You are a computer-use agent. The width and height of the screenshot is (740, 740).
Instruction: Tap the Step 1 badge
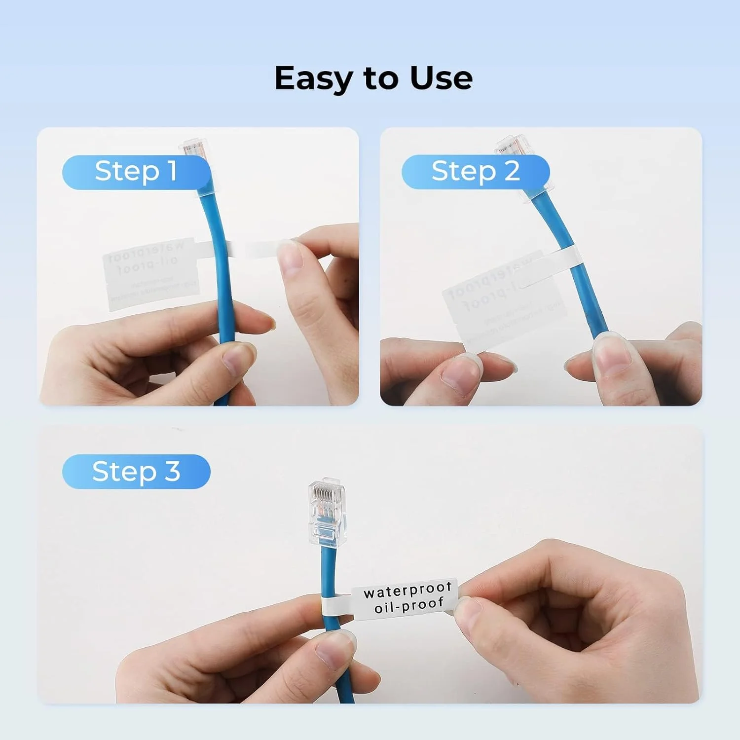(136, 172)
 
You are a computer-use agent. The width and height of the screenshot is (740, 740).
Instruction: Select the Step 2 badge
(476, 172)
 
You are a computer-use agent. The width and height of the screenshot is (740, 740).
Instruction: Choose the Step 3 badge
(136, 472)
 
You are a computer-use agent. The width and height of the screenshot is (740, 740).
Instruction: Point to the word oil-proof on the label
(409, 605)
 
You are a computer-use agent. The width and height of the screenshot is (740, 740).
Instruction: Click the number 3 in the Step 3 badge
(172, 472)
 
